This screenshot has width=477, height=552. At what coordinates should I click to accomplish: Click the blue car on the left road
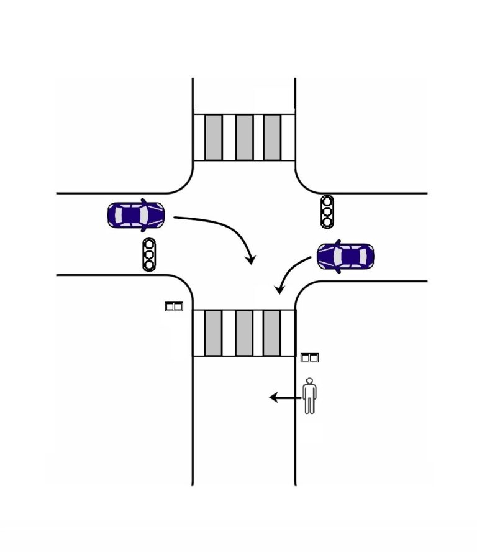(x=136, y=215)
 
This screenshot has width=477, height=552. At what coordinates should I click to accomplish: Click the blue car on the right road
(x=345, y=255)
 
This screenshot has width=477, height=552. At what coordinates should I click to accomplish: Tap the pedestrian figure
(x=309, y=397)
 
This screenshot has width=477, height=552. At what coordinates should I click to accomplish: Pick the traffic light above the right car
(x=327, y=211)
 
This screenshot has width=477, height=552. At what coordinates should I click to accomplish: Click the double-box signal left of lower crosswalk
(x=174, y=306)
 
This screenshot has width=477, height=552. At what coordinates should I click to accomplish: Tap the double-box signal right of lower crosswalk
(x=309, y=357)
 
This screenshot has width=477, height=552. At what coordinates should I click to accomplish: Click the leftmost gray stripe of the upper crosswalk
(x=214, y=137)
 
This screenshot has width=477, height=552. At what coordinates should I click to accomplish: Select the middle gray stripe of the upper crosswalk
(x=244, y=137)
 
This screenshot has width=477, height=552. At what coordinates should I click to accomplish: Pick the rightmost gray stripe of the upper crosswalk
(x=272, y=137)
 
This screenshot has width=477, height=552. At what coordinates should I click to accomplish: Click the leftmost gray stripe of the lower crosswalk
(x=214, y=333)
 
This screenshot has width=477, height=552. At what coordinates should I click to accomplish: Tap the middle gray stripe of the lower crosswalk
(x=244, y=333)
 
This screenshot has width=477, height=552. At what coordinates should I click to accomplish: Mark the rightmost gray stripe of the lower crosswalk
(x=272, y=333)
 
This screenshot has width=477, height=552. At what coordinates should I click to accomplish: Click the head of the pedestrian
(x=309, y=381)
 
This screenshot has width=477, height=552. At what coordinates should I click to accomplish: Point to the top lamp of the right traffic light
(x=327, y=201)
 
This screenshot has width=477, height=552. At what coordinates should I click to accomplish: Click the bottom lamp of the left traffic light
(x=149, y=265)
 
